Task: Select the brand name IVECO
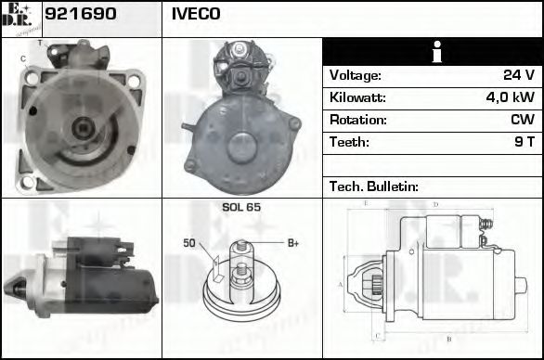point(195,14)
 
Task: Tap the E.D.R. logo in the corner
point(20,19)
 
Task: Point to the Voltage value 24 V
point(516,75)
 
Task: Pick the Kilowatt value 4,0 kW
point(509,97)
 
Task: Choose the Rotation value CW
point(521,120)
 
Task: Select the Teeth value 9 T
point(524,142)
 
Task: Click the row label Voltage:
point(356,75)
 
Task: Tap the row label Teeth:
point(349,142)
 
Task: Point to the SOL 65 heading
point(241,207)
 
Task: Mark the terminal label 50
point(188,243)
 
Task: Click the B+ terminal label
point(292,243)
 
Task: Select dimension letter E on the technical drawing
point(366,202)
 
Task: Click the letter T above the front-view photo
point(39,43)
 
